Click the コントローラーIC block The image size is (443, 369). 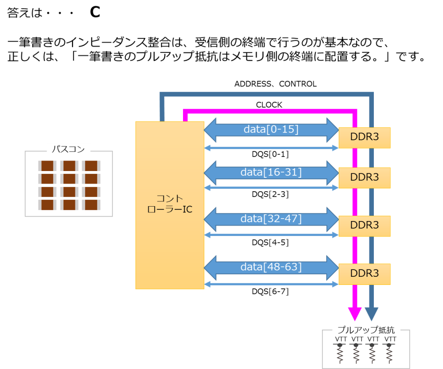tap(170, 205)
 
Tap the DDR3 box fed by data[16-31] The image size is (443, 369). tap(365, 178)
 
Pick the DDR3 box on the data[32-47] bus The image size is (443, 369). tap(365, 226)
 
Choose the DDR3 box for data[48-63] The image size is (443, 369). tap(365, 274)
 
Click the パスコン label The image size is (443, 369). tap(68, 150)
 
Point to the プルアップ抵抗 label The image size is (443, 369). tap(366, 331)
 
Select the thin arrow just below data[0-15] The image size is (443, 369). tap(271, 148)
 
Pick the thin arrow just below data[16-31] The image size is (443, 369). tap(271, 188)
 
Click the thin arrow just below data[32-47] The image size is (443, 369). tap(271, 235)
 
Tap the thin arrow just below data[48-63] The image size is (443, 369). tap(271, 284)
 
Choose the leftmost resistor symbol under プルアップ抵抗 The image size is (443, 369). tap(340, 353)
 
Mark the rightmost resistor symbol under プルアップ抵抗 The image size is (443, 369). tap(389, 353)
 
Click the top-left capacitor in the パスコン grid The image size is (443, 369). tap(47, 166)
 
